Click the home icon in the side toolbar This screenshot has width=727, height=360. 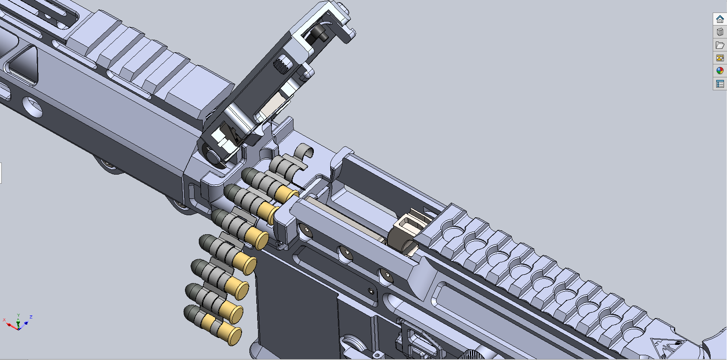coord(720,19)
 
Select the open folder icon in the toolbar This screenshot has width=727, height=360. coord(720,45)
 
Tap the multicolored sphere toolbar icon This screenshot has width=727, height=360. coord(720,71)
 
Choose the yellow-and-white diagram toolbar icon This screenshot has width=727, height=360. coord(720,58)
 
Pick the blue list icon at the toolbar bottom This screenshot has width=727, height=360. coord(720,84)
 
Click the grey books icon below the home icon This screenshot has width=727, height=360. coord(720,32)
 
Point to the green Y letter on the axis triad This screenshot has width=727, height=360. coord(19,315)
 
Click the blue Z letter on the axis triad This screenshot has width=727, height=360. coord(31,317)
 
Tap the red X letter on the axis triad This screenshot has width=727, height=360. coord(4,320)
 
